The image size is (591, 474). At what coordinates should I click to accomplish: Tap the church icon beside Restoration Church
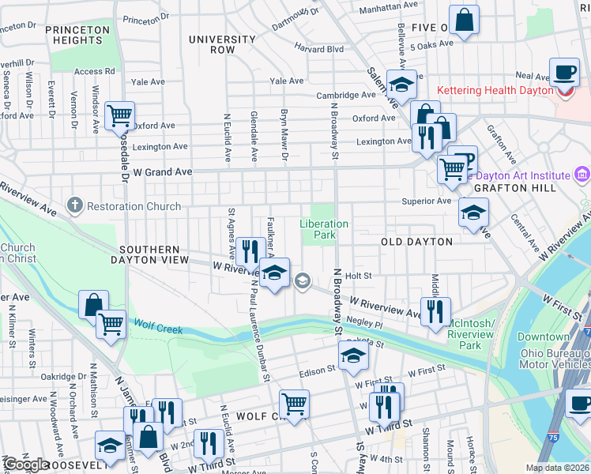pos(75,206)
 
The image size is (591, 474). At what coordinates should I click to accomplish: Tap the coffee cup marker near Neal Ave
pos(564,73)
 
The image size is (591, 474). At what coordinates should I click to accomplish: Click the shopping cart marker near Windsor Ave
pos(119,116)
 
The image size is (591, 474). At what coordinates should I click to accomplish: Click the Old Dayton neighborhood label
pos(416,242)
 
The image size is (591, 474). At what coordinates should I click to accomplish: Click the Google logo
pos(26,465)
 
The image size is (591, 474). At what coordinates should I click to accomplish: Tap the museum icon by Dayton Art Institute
pos(582,174)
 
